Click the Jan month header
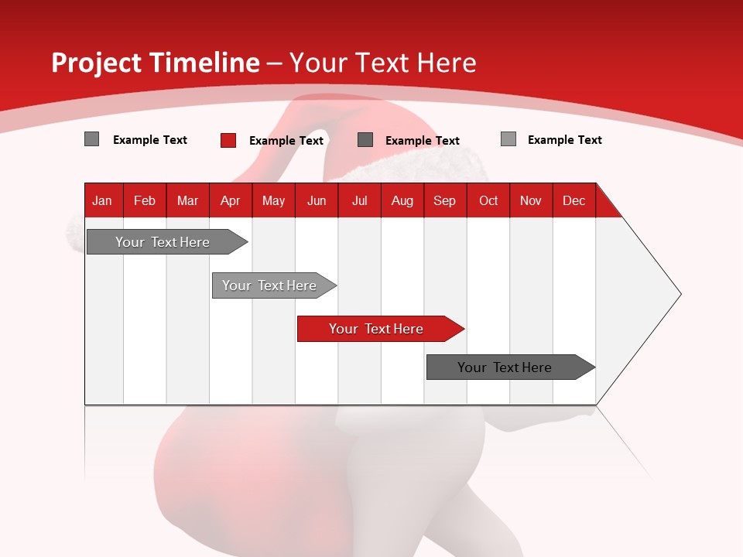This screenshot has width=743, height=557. coord(102,200)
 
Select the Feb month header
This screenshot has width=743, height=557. coord(145,200)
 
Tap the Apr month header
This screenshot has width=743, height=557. coord(230,200)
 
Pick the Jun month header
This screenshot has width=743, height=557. coord(317,200)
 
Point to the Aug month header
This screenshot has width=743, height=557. coord(402,200)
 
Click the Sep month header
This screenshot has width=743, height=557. coord(444,200)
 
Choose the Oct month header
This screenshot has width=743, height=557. coord(488,200)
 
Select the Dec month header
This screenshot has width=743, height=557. coord(574,200)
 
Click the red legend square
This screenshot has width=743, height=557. coord(228,140)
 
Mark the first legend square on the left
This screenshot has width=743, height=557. coord(91,139)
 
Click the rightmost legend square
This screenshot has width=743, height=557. coord(508,139)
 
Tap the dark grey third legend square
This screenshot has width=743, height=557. coord(365,139)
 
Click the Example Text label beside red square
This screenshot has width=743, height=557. coord(286,141)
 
